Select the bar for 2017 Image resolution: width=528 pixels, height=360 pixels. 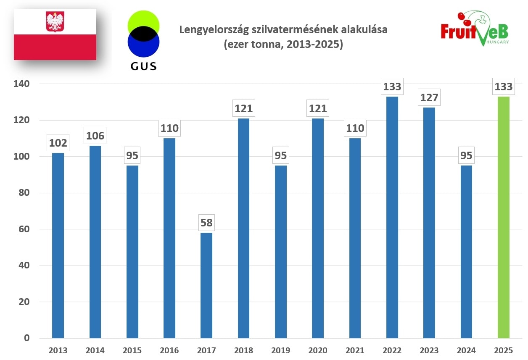[x=206, y=285]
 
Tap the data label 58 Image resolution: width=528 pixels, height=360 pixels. [x=206, y=223]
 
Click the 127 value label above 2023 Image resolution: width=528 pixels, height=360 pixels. [x=429, y=98]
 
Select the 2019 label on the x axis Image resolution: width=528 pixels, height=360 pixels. [x=280, y=350]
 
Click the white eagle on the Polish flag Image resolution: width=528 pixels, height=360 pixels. [x=54, y=22]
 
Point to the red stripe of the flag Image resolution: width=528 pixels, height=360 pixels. [x=55, y=47]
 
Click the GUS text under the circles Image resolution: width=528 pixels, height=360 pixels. [x=144, y=66]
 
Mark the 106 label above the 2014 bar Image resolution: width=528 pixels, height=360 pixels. [x=95, y=136]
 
